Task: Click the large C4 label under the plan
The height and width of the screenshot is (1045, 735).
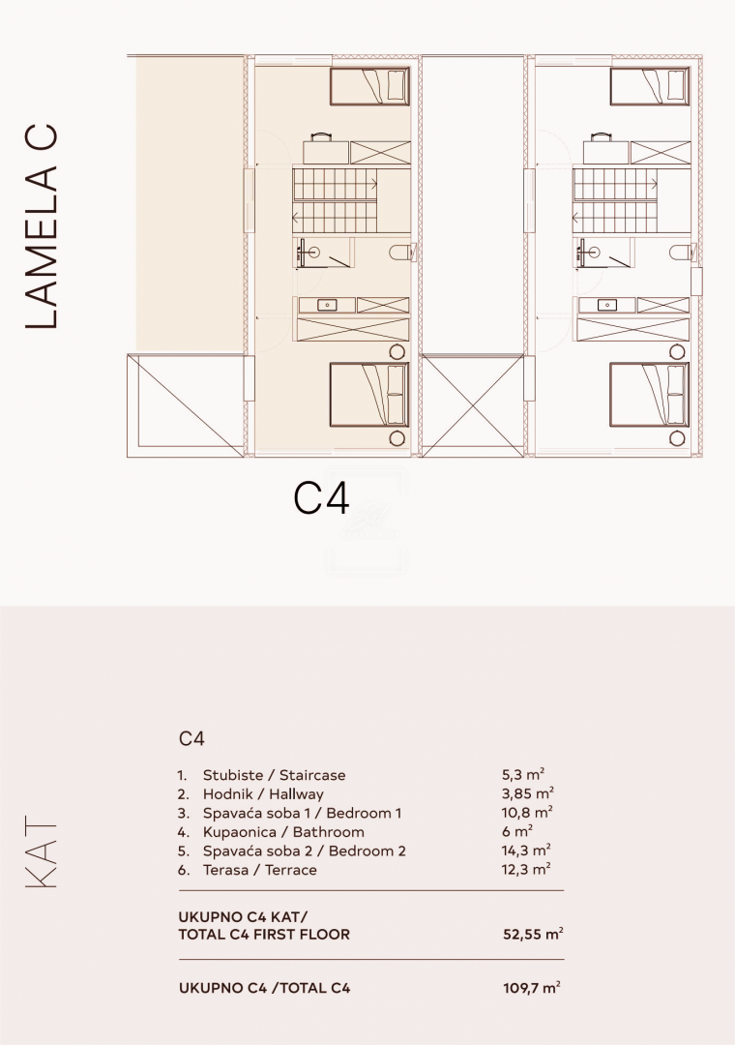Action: (321, 498)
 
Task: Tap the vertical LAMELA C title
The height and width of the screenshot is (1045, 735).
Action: (42, 227)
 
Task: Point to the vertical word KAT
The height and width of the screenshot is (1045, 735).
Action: (42, 854)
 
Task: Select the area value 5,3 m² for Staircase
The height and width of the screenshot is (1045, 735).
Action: (523, 774)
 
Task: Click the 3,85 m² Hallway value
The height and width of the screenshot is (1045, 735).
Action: (528, 793)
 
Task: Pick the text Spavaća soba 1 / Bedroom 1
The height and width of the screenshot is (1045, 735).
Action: (302, 813)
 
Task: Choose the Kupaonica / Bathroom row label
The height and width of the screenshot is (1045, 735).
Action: (283, 832)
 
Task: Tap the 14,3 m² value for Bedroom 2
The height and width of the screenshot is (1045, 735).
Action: (526, 851)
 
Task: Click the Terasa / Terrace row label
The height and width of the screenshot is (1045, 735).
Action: (260, 870)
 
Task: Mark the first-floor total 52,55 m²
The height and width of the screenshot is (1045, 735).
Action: (533, 934)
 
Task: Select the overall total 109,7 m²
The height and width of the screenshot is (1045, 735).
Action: (531, 988)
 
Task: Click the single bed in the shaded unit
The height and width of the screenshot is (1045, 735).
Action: (370, 86)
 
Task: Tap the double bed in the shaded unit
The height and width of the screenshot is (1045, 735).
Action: (369, 395)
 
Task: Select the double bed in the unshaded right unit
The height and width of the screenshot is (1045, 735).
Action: (650, 395)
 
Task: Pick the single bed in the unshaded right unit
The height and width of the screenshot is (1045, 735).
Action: (650, 86)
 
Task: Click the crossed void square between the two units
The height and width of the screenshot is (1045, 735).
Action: (473, 405)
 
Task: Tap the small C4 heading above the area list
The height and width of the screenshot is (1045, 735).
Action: (191, 738)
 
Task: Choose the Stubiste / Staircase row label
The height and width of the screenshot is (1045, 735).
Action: (274, 775)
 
